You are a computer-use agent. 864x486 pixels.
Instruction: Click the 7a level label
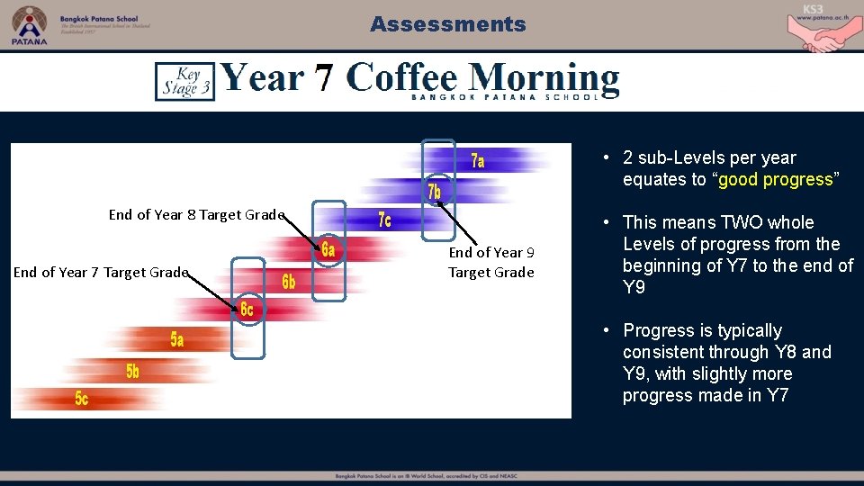click(x=478, y=161)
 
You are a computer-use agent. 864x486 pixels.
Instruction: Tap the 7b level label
click(x=434, y=192)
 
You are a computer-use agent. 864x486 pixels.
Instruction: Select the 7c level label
click(x=384, y=220)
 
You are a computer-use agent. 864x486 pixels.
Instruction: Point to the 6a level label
click(x=328, y=250)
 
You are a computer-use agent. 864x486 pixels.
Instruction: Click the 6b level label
click(x=288, y=282)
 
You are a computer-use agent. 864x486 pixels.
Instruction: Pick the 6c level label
click(x=247, y=310)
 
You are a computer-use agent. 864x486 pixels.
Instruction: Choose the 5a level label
click(x=177, y=339)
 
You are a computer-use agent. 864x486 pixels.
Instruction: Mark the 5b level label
click(x=132, y=371)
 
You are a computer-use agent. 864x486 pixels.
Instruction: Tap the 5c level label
click(x=82, y=399)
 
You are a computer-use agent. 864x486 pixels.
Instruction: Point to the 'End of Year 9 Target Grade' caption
click(x=490, y=263)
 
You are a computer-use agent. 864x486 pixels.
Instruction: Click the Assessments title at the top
click(x=447, y=24)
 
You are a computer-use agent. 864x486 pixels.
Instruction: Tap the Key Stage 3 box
click(x=184, y=81)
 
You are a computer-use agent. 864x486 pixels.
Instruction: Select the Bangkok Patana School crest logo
click(x=29, y=24)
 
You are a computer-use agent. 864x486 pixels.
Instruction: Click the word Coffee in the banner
click(x=403, y=77)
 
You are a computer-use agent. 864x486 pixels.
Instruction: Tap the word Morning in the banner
click(x=544, y=77)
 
